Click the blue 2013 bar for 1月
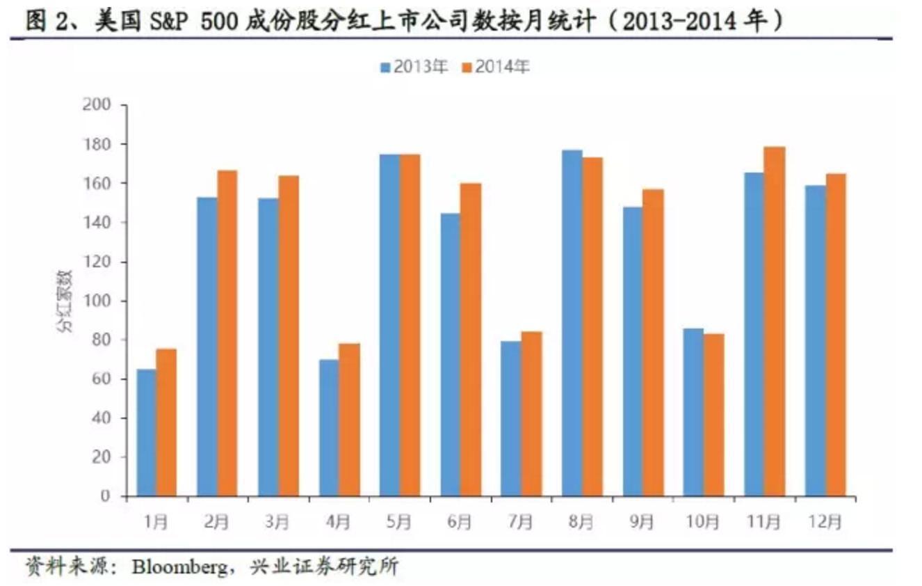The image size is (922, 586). tap(146, 432)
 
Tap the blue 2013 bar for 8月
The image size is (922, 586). tap(572, 323)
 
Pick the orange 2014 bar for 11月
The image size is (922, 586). tap(775, 322)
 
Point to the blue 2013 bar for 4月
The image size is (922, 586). tap(329, 427)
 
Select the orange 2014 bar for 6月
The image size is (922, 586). tap(471, 339)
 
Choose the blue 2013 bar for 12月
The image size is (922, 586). tap(816, 340)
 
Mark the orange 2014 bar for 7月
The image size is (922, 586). tap(531, 414)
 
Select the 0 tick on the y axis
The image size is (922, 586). tap(105, 496)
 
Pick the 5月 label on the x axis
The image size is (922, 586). tap(400, 521)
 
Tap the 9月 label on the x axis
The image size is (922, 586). tap(642, 521)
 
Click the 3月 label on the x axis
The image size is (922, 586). tap(278, 521)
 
